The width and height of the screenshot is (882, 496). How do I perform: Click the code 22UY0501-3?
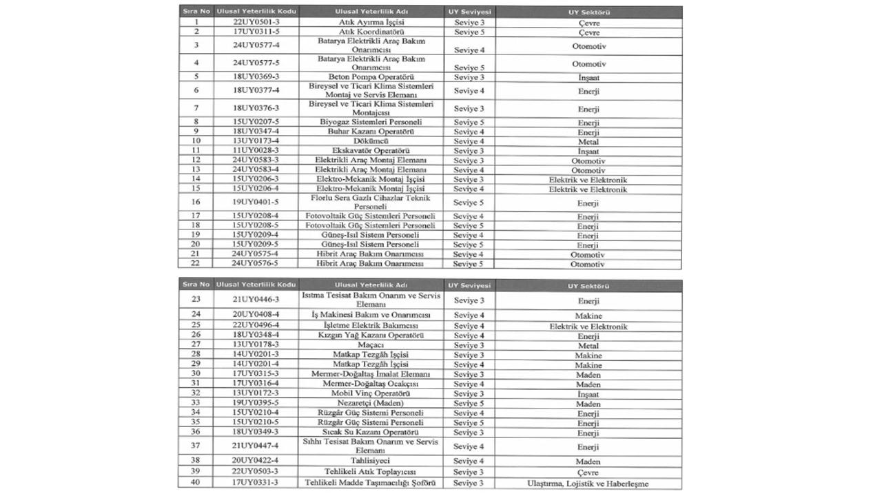point(256,23)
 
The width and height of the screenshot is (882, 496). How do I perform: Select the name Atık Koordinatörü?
point(371,32)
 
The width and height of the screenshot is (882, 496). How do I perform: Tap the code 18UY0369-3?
point(256,77)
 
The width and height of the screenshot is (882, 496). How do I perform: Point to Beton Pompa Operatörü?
point(371,77)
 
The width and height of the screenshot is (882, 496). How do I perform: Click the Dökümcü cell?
point(371,141)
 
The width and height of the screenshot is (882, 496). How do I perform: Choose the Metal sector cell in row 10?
point(588,142)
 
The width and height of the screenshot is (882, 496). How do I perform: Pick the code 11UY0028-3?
point(256,151)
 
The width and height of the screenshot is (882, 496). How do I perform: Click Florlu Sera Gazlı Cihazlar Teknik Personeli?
point(371,203)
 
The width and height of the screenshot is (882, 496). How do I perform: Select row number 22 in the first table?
point(196,264)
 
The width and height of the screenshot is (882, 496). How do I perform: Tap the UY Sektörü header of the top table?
point(588,12)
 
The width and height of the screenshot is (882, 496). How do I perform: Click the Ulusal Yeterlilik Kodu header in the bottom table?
point(256,285)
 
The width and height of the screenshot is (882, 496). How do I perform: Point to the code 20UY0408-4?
point(256,316)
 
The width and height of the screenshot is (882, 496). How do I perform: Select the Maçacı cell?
point(371,345)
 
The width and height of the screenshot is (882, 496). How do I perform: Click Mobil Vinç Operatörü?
point(371,393)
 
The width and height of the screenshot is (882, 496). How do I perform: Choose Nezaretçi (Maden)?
point(371,403)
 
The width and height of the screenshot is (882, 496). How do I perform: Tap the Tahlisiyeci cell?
point(371,461)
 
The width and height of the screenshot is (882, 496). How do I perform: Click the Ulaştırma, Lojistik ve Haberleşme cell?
point(588,484)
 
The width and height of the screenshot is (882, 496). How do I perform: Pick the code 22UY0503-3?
point(256,472)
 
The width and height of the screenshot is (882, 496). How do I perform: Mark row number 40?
point(196,483)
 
